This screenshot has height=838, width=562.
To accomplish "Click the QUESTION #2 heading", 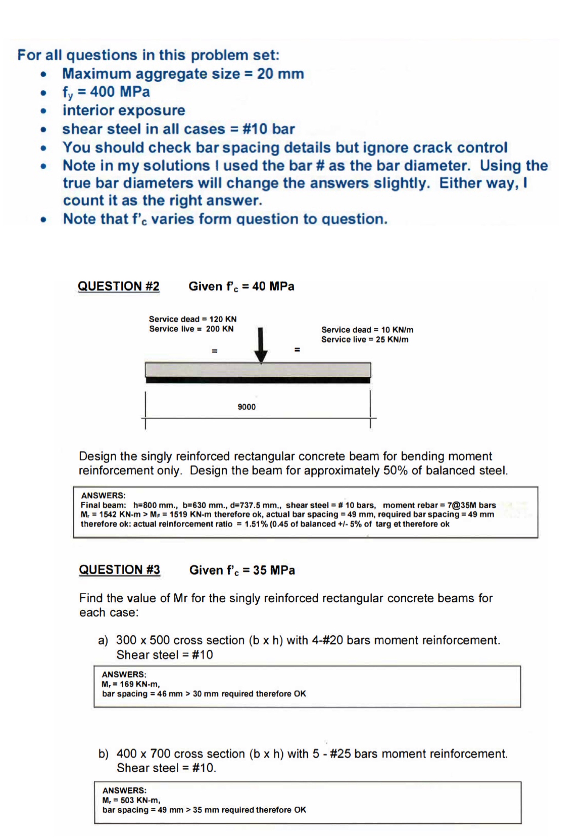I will (x=119, y=286).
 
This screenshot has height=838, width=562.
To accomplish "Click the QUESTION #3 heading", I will (x=119, y=570).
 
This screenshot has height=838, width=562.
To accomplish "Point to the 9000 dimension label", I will (x=247, y=407).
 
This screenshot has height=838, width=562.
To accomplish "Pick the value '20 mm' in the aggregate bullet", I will (x=280, y=74).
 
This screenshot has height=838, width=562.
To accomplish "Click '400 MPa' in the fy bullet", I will (x=120, y=91).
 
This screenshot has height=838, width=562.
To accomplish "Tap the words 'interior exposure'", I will (x=124, y=110).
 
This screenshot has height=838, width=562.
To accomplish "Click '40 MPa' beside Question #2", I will (x=273, y=286).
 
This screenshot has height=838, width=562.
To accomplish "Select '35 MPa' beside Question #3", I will (x=274, y=570).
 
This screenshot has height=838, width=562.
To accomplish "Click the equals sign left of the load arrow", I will (x=214, y=350).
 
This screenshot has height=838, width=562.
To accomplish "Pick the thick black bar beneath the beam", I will (x=258, y=380).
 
